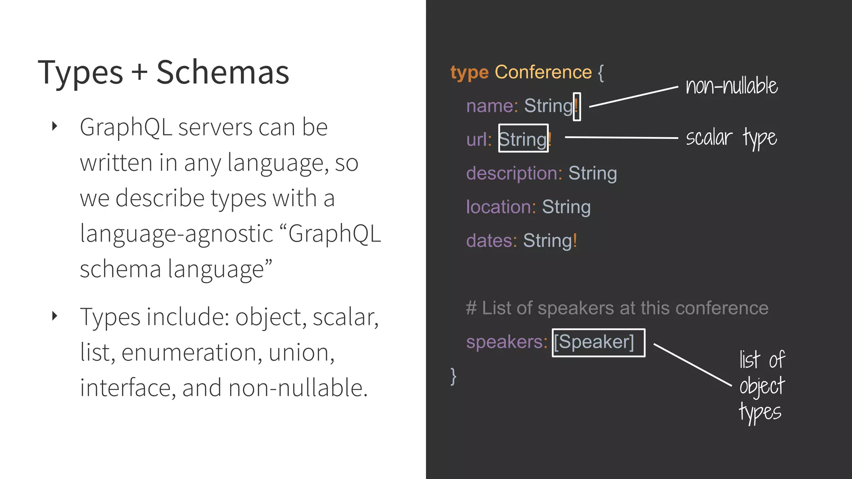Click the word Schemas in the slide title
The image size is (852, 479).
223,72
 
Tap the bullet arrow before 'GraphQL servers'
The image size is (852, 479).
54,126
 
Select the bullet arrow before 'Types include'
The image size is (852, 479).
54,316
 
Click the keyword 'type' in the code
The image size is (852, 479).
469,73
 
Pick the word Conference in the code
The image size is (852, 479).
543,72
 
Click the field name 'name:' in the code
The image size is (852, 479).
492,106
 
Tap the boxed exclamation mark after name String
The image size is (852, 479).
577,106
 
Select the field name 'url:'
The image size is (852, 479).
479,140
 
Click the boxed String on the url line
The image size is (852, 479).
523,139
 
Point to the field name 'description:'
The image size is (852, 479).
514,173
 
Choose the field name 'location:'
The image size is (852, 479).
501,207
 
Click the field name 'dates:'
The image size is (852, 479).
491,241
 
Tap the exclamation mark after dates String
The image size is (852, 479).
575,240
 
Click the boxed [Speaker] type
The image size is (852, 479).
598,342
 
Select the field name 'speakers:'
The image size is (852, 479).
507,342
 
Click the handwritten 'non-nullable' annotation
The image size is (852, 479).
731,86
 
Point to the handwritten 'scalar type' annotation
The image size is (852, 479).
731,138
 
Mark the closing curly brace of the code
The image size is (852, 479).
453,376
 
